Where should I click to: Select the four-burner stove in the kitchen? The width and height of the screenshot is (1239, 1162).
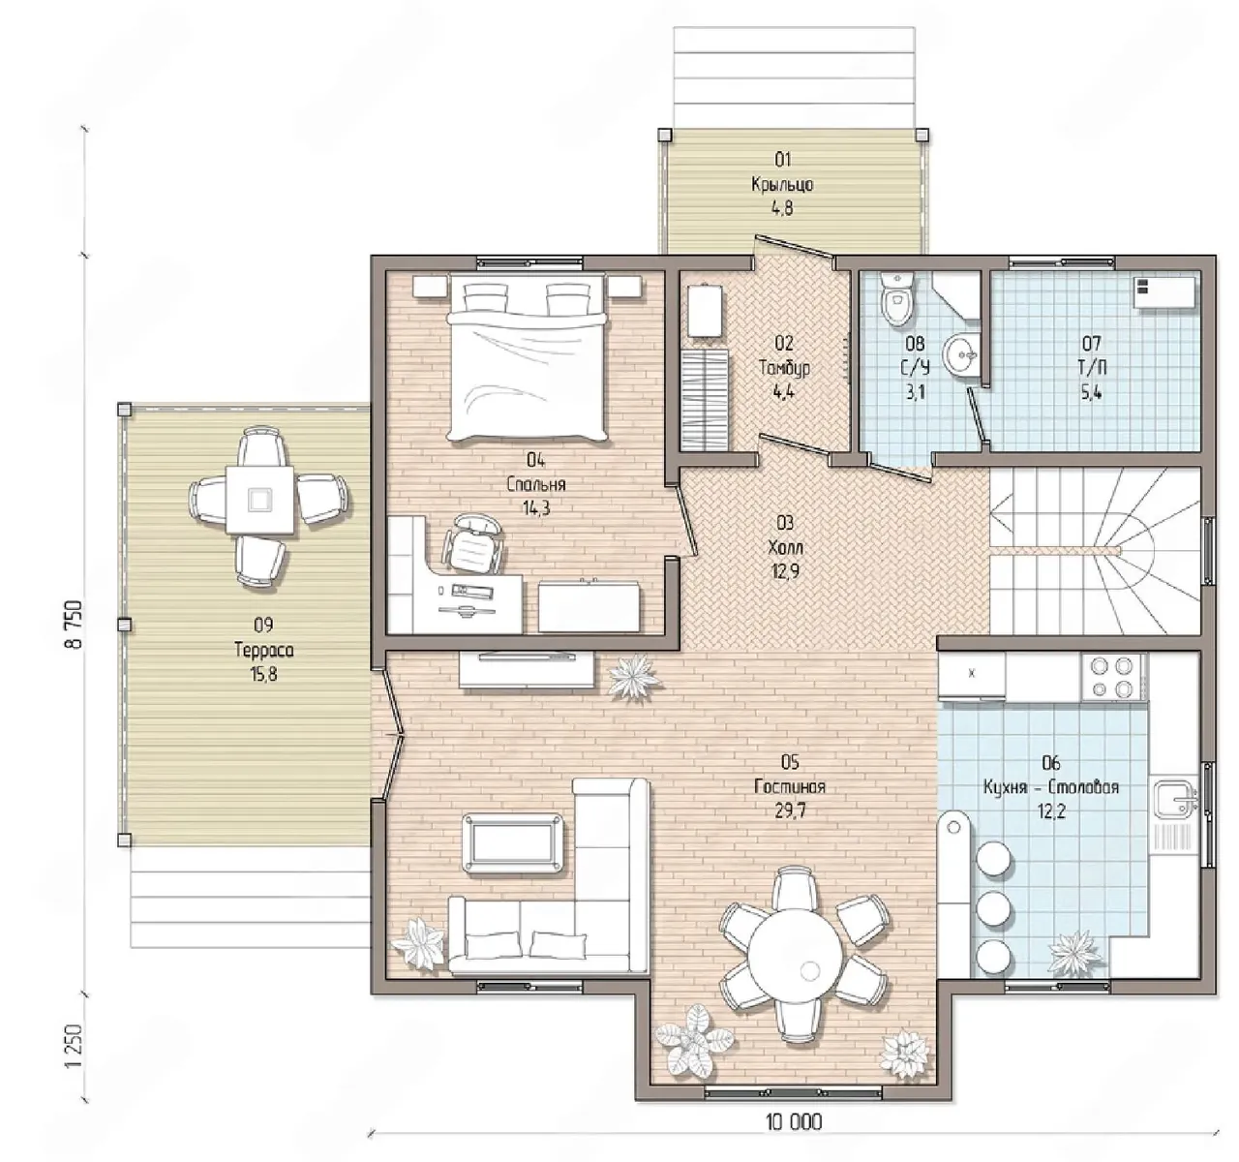tap(1113, 677)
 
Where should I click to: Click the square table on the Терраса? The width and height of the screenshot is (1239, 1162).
tap(259, 500)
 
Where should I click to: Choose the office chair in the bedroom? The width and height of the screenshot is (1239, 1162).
tap(473, 542)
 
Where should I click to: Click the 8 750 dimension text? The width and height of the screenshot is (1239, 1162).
tap(74, 625)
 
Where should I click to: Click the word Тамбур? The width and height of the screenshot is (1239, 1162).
tap(784, 368)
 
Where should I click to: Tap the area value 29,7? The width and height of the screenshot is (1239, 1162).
tap(789, 811)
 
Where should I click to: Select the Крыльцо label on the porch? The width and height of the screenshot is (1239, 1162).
tap(782, 184)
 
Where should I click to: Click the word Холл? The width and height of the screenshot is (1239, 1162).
tap(785, 548)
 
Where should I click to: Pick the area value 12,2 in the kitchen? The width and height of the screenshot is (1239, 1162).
tap(1050, 811)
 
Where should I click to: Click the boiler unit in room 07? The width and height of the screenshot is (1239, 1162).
tap(1164, 292)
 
